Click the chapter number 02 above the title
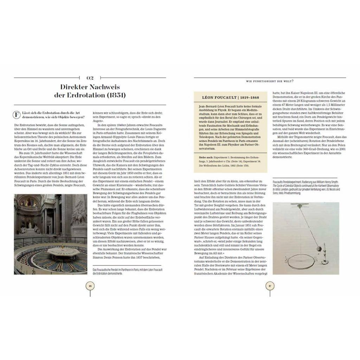[90, 78]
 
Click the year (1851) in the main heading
[115, 95]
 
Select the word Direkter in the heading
[75, 87]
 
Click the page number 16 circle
[90, 286]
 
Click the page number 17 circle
[270, 286]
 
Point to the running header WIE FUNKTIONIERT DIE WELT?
[270, 82]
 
